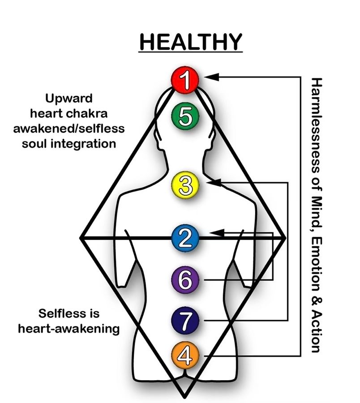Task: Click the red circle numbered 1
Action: (185, 80)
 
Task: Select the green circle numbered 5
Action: (185, 116)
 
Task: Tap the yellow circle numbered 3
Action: (185, 185)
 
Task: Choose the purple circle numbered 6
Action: (185, 279)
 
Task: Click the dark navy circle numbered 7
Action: (185, 321)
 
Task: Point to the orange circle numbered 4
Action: (185, 356)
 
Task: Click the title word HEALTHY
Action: (190, 42)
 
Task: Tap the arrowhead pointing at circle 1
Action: (211, 77)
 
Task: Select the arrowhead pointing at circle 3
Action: (214, 183)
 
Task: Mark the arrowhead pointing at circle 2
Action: (217, 233)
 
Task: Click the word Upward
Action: (69, 99)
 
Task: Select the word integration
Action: (83, 144)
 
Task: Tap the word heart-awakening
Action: (69, 329)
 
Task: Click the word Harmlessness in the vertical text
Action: (317, 127)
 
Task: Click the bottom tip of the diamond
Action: (184, 398)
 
